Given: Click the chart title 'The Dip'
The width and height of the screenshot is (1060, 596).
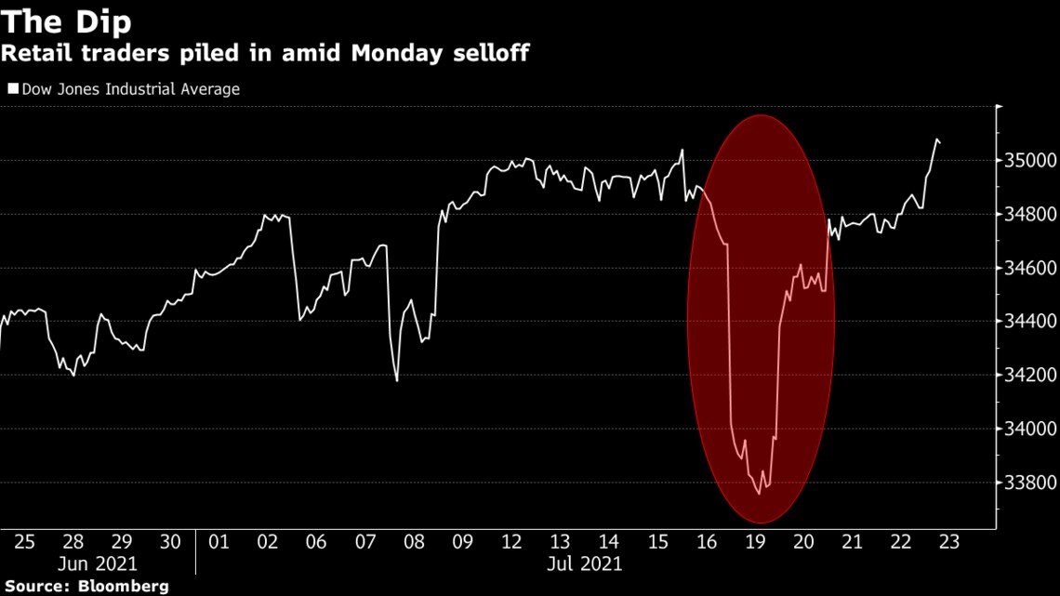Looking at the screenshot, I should [x=65, y=20].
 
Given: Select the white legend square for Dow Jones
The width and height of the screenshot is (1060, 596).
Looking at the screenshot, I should [x=13, y=89].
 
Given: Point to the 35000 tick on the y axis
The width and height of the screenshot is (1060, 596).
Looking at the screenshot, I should [x=1029, y=161].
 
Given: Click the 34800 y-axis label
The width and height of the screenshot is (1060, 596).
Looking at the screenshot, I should [x=1029, y=215].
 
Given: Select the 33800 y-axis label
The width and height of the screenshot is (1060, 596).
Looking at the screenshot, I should [x=1029, y=483].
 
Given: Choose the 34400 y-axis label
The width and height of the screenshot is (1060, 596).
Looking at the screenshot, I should [x=1029, y=322].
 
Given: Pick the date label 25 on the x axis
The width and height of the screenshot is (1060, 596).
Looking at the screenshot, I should [x=24, y=542].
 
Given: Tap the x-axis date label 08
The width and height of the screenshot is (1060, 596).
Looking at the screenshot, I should [x=413, y=542].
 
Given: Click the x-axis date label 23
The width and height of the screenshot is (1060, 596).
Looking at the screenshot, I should [x=947, y=542].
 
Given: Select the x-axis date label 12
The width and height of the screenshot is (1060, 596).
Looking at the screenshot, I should [x=510, y=542].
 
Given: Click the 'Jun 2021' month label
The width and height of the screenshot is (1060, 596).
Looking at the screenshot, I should [x=98, y=563].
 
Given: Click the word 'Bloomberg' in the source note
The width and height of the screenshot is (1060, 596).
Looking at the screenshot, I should [x=123, y=587].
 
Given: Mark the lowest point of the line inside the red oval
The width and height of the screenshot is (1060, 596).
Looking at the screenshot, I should [x=759, y=494].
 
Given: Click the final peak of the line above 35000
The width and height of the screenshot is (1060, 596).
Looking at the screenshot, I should [x=935, y=139].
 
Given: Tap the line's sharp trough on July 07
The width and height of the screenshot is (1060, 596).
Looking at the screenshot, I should [x=397, y=380].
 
